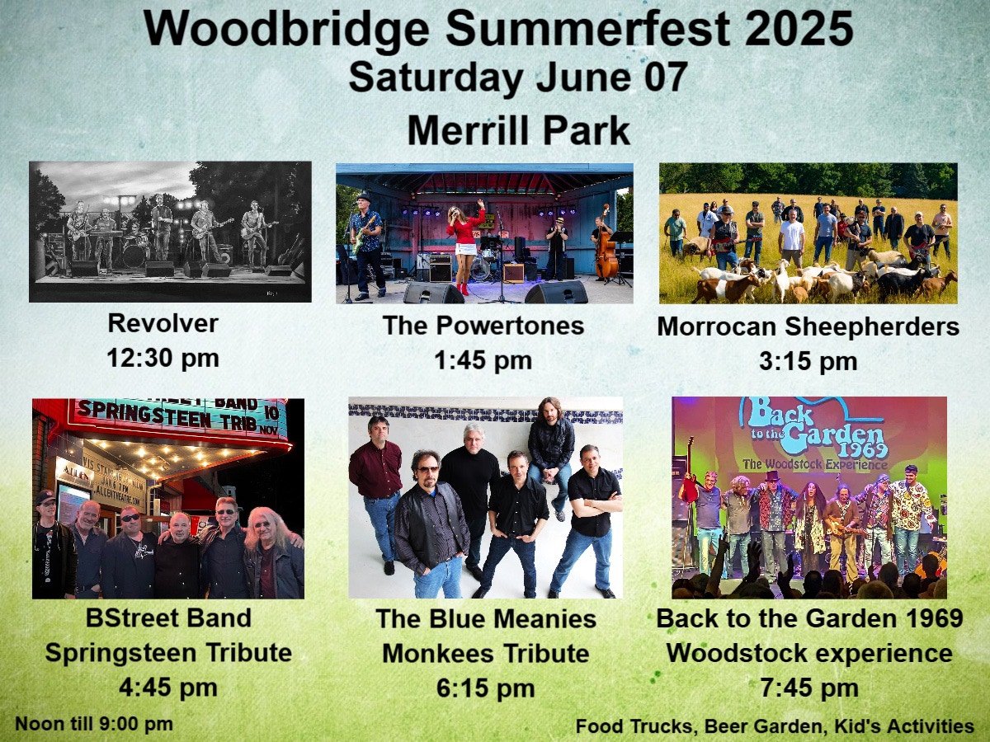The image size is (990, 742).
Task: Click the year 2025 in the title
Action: click(799, 29)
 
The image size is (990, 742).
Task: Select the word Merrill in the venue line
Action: click(468, 130)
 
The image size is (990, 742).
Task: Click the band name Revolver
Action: click(163, 323)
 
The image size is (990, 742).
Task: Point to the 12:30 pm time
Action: click(163, 358)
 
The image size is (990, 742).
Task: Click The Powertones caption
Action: click(483, 326)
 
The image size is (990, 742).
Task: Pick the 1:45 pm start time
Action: click(483, 360)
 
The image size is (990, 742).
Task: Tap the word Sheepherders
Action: click(872, 326)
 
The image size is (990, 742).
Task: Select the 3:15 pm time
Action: click(808, 361)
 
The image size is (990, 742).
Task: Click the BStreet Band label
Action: click(168, 618)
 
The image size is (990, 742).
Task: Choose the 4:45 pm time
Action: click(168, 688)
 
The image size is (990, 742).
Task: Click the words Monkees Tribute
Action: click(486, 653)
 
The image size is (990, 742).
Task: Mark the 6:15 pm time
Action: click(486, 688)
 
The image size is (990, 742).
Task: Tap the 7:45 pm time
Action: click(809, 688)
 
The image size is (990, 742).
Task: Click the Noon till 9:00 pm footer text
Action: click(94, 725)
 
